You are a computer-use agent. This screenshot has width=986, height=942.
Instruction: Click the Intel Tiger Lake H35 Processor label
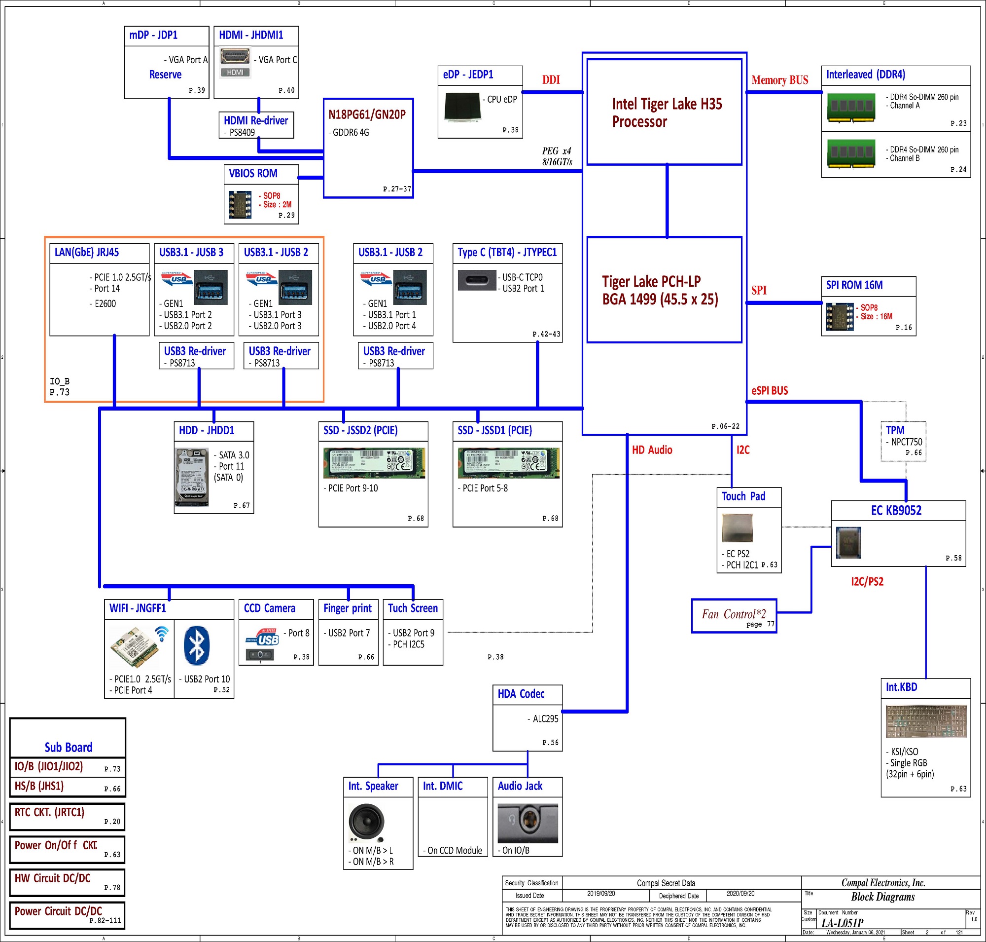(x=667, y=113)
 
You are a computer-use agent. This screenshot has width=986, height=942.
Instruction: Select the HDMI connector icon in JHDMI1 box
(x=235, y=56)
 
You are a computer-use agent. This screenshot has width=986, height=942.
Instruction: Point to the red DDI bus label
(x=551, y=80)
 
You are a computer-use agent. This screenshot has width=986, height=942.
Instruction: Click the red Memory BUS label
(x=779, y=80)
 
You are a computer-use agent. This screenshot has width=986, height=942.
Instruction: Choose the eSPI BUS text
(x=769, y=391)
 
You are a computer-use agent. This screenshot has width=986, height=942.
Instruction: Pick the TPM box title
(x=895, y=430)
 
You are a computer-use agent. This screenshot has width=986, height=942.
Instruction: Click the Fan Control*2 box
(x=734, y=615)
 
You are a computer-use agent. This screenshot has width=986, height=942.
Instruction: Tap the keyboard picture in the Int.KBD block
(x=926, y=721)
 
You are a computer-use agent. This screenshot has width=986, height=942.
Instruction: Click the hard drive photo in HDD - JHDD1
(x=192, y=477)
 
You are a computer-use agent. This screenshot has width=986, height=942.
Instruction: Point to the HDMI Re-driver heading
(x=256, y=120)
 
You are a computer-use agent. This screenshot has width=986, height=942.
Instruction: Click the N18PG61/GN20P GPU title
(x=367, y=114)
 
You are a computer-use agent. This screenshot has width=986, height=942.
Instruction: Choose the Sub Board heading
(x=68, y=747)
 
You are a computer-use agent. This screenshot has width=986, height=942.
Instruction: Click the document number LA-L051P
(x=842, y=922)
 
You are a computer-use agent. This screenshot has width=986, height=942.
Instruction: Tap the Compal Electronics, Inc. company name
(x=883, y=883)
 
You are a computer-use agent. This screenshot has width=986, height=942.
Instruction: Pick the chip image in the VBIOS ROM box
(x=240, y=204)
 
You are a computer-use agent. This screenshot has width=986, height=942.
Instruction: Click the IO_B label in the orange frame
(x=59, y=381)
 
